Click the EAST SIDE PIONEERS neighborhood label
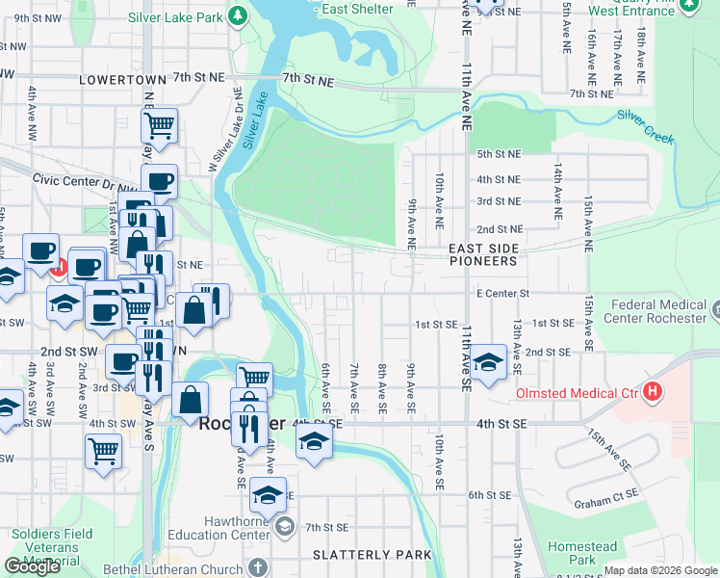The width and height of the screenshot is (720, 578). pos(483,254)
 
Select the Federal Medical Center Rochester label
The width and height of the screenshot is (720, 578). pos(658,311)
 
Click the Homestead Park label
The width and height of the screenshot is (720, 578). pos(582,553)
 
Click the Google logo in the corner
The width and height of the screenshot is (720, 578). pos(32,566)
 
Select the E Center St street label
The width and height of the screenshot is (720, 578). pos(502,292)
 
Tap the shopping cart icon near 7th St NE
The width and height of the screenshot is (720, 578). pos(159,124)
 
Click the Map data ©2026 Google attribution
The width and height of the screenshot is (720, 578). pos(660,570)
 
